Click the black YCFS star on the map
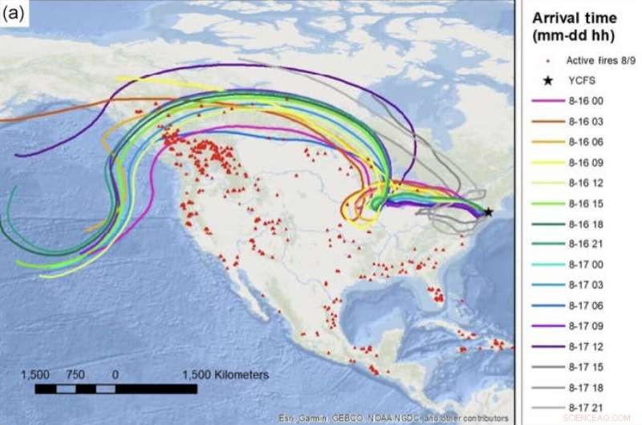point(488,212)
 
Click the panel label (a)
point(14,13)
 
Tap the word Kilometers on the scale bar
point(226,374)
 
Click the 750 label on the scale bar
point(75,374)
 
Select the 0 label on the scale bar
point(116,374)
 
